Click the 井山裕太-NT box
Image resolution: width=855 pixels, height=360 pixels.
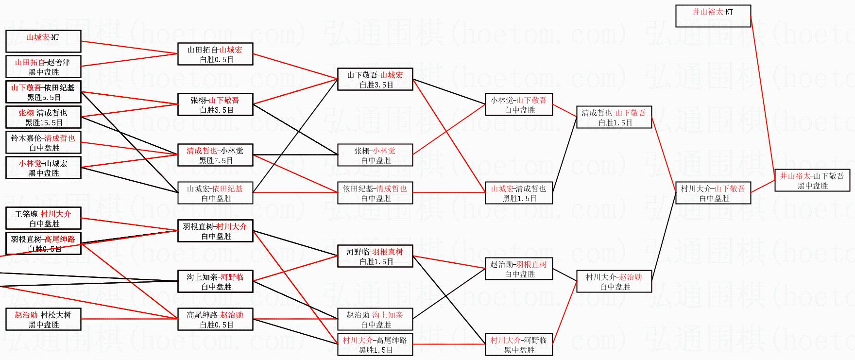click(x=713, y=16)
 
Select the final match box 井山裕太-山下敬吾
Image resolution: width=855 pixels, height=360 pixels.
click(x=812, y=180)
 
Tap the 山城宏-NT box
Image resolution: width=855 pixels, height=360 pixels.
click(x=43, y=41)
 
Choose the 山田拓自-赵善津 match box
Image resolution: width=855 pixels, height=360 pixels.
click(x=43, y=67)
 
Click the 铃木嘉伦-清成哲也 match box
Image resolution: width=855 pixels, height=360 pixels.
click(x=43, y=142)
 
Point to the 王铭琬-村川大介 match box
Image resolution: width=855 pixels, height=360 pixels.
click(x=43, y=218)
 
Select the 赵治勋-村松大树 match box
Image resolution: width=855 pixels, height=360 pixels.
click(x=43, y=319)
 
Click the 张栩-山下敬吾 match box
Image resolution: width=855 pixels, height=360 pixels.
click(x=215, y=104)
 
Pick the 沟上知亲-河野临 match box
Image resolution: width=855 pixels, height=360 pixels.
click(x=215, y=281)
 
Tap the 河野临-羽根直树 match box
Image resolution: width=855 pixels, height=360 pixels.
click(x=375, y=256)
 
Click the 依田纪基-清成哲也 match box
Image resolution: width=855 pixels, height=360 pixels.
click(x=375, y=193)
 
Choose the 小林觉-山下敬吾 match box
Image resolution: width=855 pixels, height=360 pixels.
click(x=519, y=104)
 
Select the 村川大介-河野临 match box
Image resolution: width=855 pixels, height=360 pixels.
click(x=519, y=344)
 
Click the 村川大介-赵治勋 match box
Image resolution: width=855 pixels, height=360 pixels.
click(x=614, y=281)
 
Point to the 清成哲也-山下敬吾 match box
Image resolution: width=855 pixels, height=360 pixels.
click(x=614, y=117)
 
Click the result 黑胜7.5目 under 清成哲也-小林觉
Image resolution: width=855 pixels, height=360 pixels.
click(x=216, y=161)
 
